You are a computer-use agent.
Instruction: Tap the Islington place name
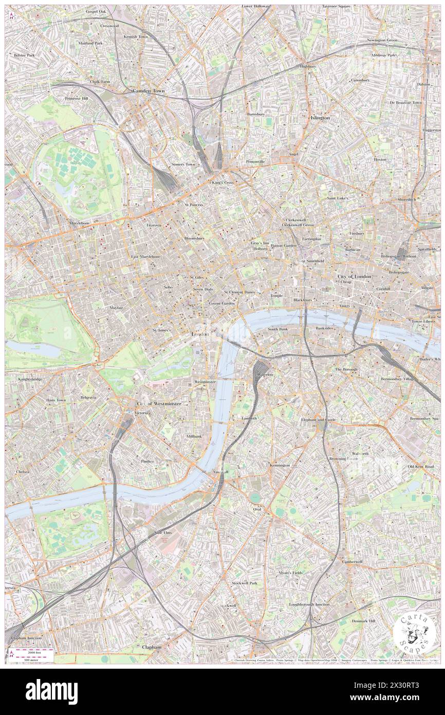(x=320, y=118)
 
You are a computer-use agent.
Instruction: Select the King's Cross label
(x=222, y=183)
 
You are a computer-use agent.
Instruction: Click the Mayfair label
(x=116, y=308)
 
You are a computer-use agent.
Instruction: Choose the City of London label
(x=354, y=277)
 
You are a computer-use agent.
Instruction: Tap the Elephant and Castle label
(x=318, y=420)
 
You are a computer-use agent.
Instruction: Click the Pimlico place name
(x=147, y=461)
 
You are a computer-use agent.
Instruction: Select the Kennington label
(x=280, y=466)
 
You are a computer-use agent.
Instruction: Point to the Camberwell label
(x=352, y=562)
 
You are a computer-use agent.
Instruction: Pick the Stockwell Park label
(x=244, y=583)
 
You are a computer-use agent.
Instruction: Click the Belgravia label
(x=88, y=398)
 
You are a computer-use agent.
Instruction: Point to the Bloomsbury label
(x=194, y=239)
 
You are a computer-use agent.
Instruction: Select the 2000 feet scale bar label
(x=34, y=651)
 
